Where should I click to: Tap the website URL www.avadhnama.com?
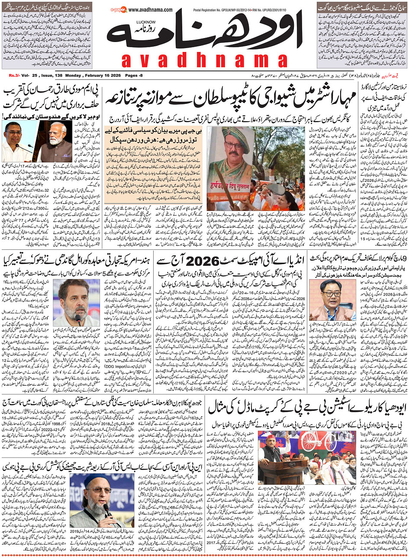coord(151,10)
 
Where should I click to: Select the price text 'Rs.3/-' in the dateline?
coord(16,76)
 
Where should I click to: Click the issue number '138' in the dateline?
coord(57,76)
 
